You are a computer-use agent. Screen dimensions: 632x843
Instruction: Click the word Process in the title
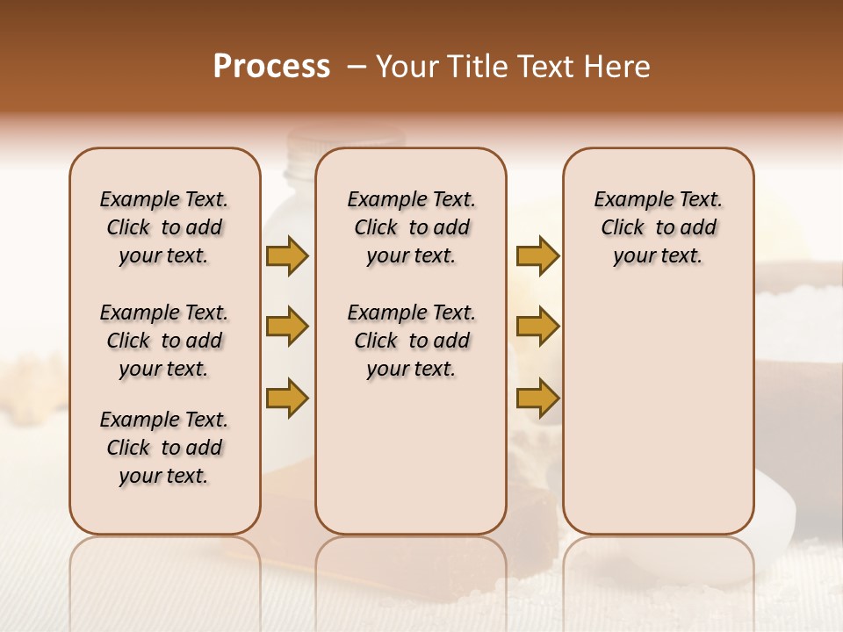click(271, 67)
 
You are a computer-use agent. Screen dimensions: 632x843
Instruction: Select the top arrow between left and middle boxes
click(287, 255)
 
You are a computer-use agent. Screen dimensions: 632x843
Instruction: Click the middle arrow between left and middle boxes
click(287, 327)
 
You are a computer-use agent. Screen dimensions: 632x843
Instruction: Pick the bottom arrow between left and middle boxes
click(287, 398)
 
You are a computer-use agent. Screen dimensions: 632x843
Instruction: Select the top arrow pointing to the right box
click(537, 255)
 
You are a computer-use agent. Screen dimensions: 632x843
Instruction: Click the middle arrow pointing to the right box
click(537, 327)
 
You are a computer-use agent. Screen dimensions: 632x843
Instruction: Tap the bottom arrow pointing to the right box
click(537, 398)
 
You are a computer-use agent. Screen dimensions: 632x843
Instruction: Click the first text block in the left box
click(164, 227)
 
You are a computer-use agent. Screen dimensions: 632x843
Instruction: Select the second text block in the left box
click(164, 341)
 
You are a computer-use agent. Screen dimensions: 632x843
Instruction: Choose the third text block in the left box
click(164, 448)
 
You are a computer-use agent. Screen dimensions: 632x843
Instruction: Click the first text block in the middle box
click(411, 227)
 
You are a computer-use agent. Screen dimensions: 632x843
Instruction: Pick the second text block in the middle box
click(411, 341)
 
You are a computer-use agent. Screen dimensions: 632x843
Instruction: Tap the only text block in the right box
click(658, 227)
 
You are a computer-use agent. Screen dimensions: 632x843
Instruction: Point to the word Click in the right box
click(623, 228)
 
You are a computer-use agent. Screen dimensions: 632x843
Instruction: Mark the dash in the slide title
click(357, 67)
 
